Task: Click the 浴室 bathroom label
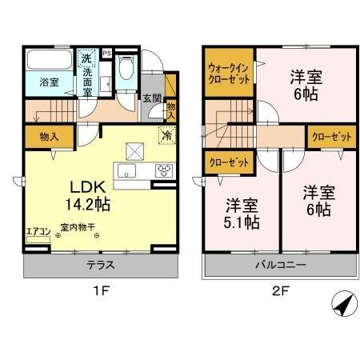(x=50, y=82)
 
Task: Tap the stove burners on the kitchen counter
(x=163, y=170)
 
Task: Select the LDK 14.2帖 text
(x=82, y=195)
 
